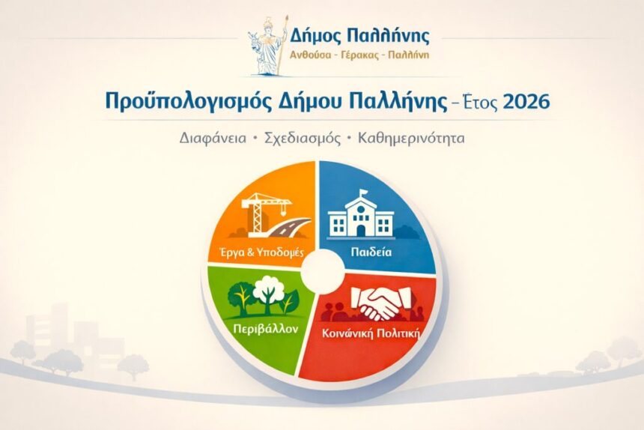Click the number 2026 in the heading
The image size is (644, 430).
525,101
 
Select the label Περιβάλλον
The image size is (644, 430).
254,329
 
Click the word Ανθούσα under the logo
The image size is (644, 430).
312,55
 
